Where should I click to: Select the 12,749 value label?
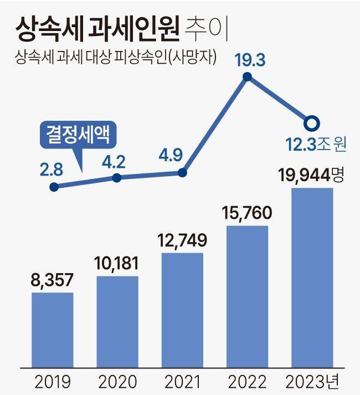coord(182,241)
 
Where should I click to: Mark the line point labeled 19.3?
coord(248,77)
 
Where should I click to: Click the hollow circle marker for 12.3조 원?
coord(312,122)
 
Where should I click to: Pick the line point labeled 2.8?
coord(54,187)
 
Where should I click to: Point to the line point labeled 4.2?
coord(117,178)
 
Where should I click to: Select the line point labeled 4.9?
coord(183,173)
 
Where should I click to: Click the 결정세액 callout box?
coord(76,135)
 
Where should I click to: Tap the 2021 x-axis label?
coord(182,382)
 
